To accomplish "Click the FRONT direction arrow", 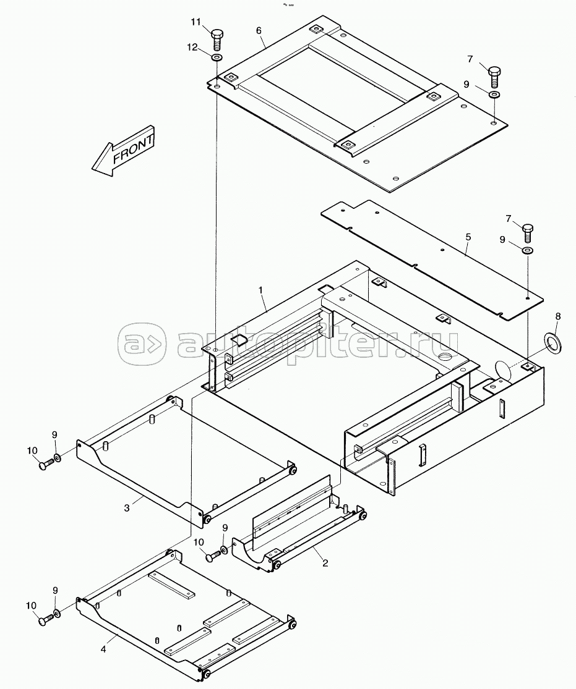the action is point(123,151).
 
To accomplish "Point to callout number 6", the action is point(259,30).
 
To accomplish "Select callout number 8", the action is point(558,316).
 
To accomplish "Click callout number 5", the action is point(468,237).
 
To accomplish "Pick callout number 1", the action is point(260,290).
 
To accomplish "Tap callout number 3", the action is point(127,508).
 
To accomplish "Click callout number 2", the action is point(325,563).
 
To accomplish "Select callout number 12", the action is point(193,47).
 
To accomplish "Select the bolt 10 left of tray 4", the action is point(45,620).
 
